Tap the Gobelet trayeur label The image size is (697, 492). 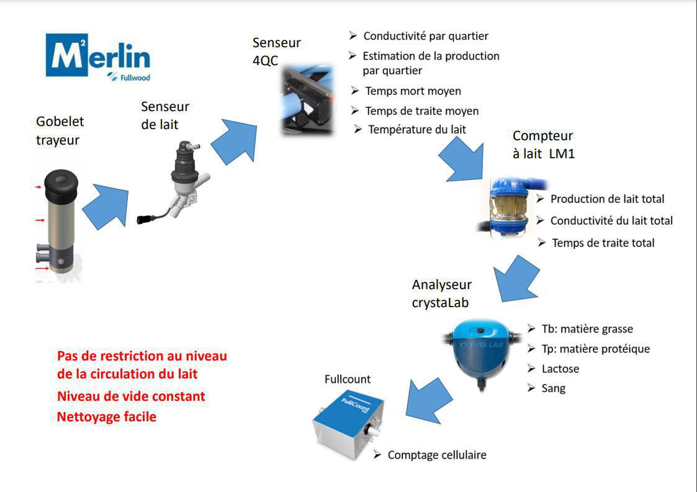(x=60, y=131)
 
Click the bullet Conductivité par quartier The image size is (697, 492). (x=426, y=36)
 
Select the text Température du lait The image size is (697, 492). (x=416, y=130)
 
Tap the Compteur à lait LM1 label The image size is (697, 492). (x=543, y=145)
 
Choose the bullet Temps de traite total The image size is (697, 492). (x=603, y=243)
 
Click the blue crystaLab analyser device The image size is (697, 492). (x=482, y=351)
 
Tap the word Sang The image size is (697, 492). (x=553, y=388)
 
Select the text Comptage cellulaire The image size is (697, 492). (x=437, y=455)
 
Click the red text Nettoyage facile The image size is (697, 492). (x=107, y=417)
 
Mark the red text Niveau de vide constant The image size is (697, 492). (x=131, y=396)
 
